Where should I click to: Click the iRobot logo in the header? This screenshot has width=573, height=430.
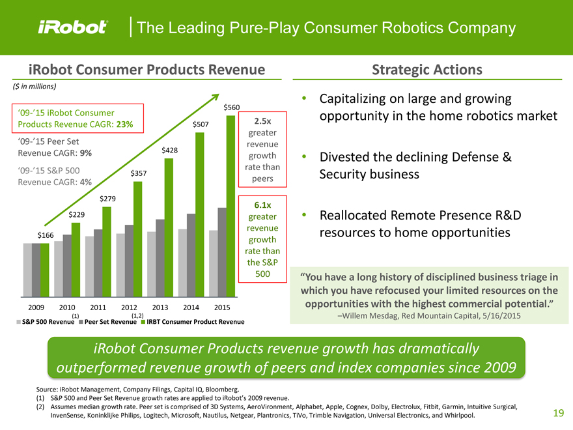pos(72,27)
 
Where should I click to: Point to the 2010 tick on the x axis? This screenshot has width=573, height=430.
pos(67,307)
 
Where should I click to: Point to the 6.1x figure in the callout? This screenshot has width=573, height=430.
pos(262,203)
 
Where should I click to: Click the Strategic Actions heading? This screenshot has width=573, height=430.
pos(426,70)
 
